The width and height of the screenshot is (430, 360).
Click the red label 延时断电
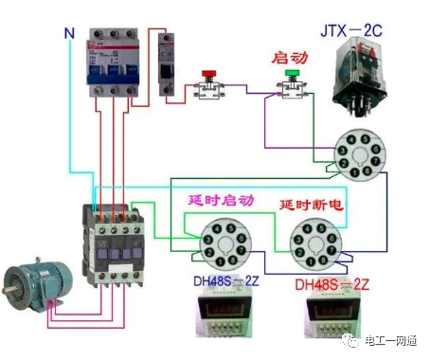point(310,205)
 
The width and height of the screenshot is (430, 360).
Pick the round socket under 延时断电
point(312,243)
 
